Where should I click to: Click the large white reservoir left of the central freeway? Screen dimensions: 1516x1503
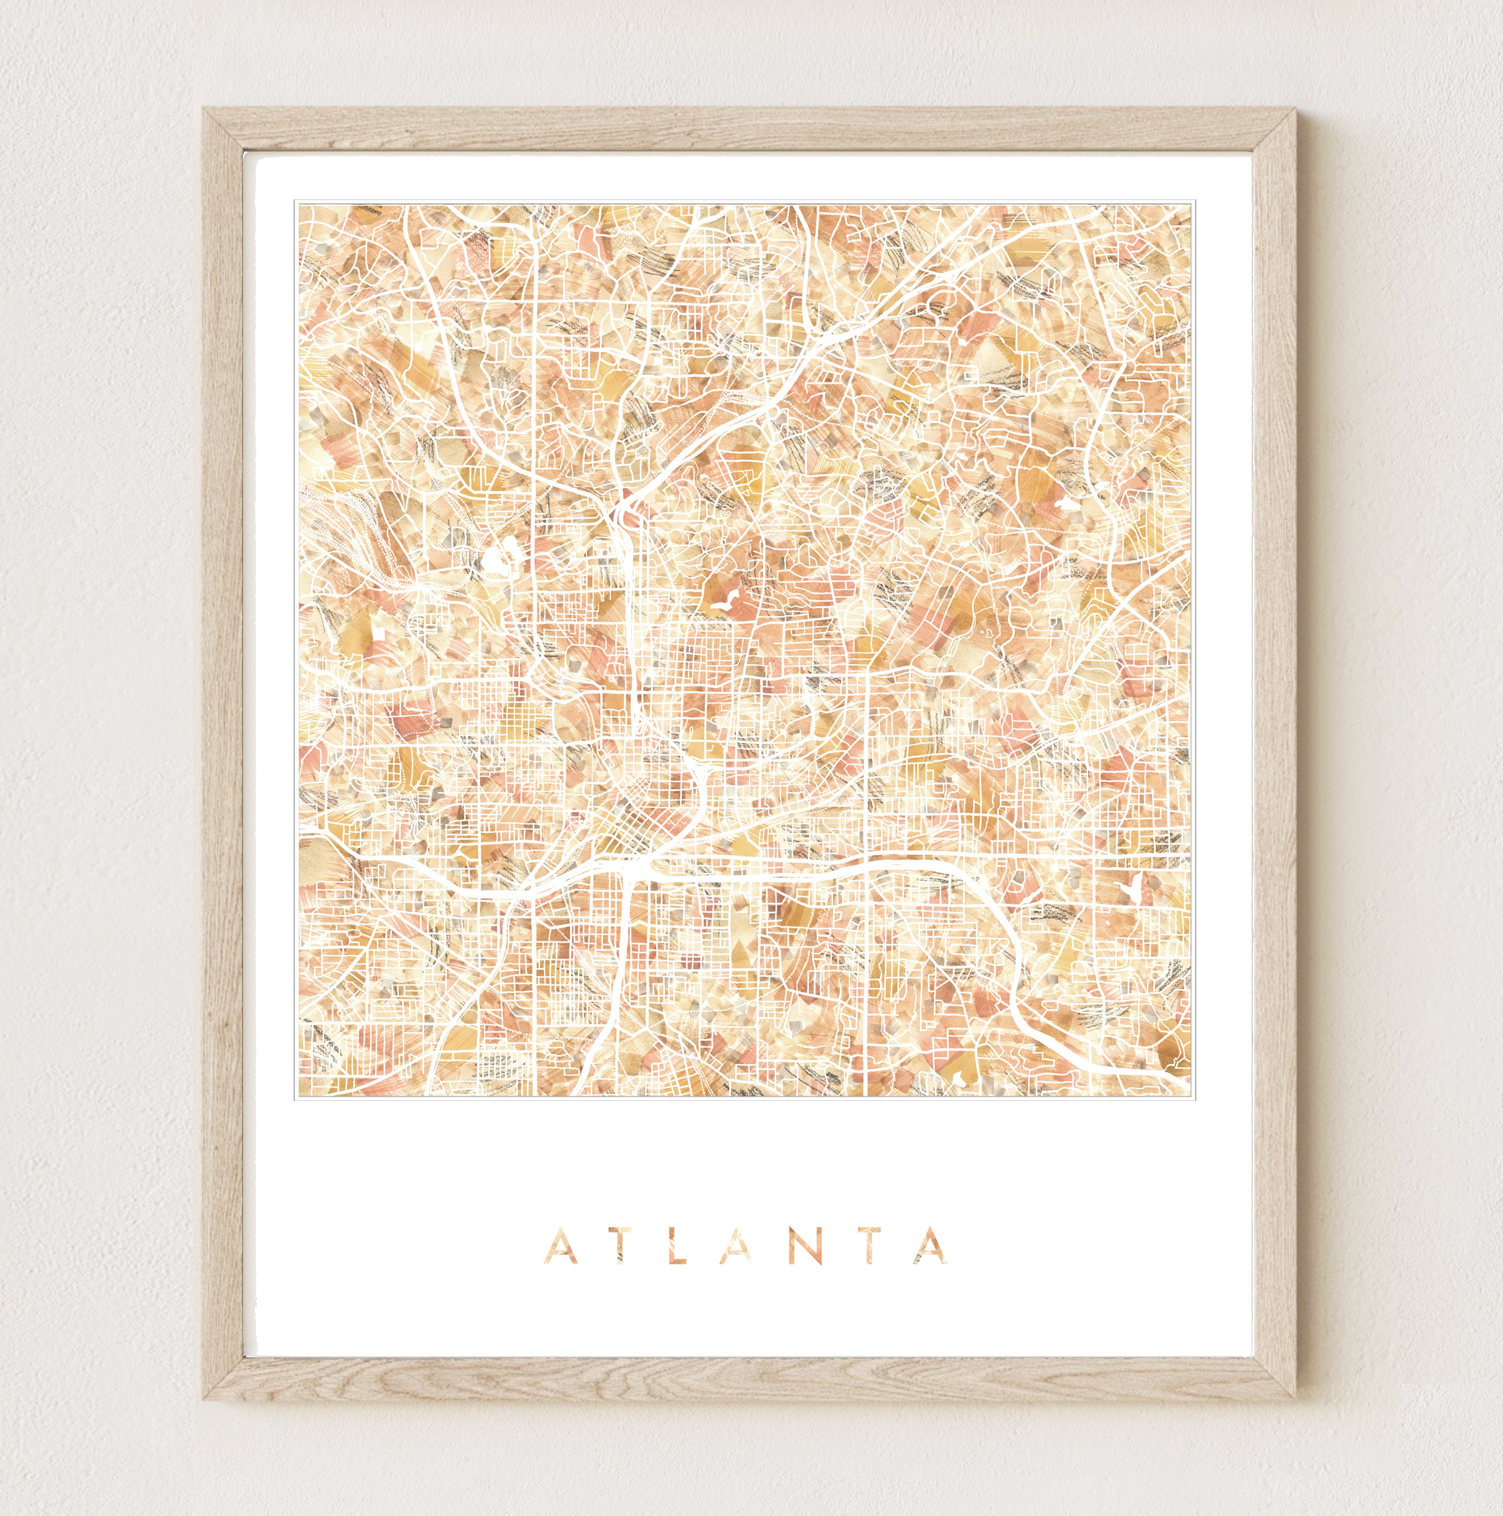(x=496, y=560)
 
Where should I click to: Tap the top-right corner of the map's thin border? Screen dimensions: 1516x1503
(x=1192, y=201)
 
